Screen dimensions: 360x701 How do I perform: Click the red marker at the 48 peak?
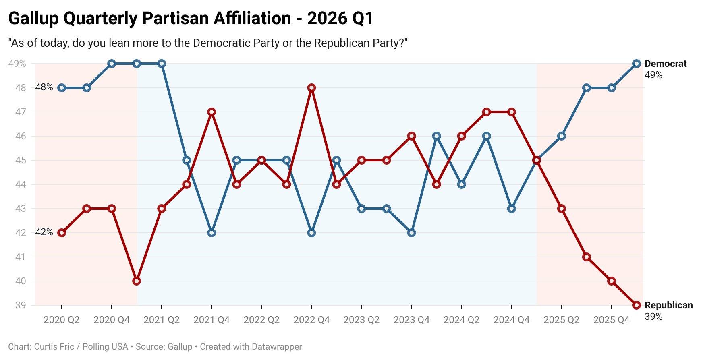pyautogui.click(x=311, y=88)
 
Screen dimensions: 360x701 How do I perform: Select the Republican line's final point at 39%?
pyautogui.click(x=637, y=305)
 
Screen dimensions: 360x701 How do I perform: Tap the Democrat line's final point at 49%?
pyautogui.click(x=637, y=64)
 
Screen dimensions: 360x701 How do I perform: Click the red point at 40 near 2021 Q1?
pyautogui.click(x=137, y=281)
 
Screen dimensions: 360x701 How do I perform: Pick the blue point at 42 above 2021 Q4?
pyautogui.click(x=212, y=233)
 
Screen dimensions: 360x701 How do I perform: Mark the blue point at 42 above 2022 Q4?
pyautogui.click(x=311, y=233)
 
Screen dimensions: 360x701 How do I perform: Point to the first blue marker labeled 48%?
pyautogui.click(x=62, y=88)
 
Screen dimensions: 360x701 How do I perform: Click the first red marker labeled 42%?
pyautogui.click(x=62, y=233)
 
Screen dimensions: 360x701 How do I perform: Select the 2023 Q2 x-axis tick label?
pyautogui.click(x=361, y=320)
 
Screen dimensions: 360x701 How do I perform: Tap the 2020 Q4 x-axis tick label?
pyautogui.click(x=112, y=320)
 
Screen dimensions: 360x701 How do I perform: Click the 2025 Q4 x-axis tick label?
pyautogui.click(x=611, y=320)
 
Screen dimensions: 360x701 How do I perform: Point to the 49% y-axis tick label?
pyautogui.click(x=17, y=64)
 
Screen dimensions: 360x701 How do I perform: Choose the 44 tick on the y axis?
pyautogui.click(x=21, y=184)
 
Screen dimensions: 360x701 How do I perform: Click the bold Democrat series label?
pyautogui.click(x=665, y=64)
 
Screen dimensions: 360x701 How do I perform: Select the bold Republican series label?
pyautogui.click(x=668, y=305)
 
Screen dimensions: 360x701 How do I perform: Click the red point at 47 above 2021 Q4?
pyautogui.click(x=212, y=112)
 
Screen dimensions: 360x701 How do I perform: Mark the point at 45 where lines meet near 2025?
pyautogui.click(x=536, y=160)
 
